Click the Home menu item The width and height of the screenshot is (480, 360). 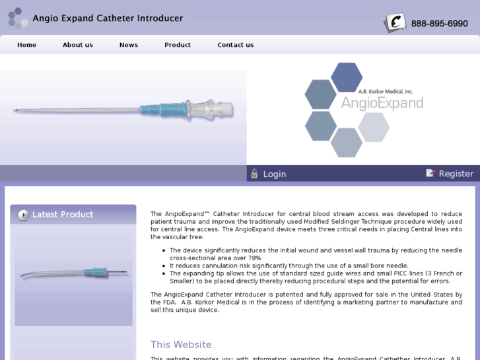(x=26, y=45)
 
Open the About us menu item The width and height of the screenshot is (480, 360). (x=77, y=45)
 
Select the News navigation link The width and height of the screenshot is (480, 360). (x=128, y=45)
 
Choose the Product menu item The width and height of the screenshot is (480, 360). (x=177, y=45)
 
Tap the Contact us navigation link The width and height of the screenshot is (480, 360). (x=235, y=45)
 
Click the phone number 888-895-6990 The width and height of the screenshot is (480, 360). (x=439, y=24)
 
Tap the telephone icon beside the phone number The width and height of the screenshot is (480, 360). (x=395, y=23)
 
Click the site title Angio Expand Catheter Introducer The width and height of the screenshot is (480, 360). (x=108, y=18)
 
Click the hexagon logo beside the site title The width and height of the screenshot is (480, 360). (x=17, y=18)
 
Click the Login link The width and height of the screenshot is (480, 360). (x=274, y=174)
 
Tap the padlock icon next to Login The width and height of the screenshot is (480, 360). (x=254, y=174)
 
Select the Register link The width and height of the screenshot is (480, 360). (x=456, y=174)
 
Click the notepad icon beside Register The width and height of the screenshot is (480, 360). (x=430, y=173)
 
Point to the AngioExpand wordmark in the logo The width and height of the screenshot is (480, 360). (x=382, y=104)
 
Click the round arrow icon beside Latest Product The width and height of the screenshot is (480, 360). (x=24, y=215)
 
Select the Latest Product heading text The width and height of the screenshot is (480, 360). (x=63, y=215)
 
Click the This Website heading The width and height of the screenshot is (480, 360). (x=181, y=345)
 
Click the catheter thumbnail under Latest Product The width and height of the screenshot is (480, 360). (x=73, y=271)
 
